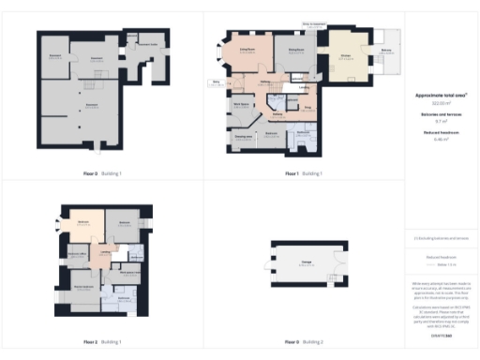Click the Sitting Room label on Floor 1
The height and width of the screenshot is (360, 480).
247,49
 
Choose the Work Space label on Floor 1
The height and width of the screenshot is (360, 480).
240,103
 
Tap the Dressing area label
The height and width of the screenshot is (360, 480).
242,137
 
